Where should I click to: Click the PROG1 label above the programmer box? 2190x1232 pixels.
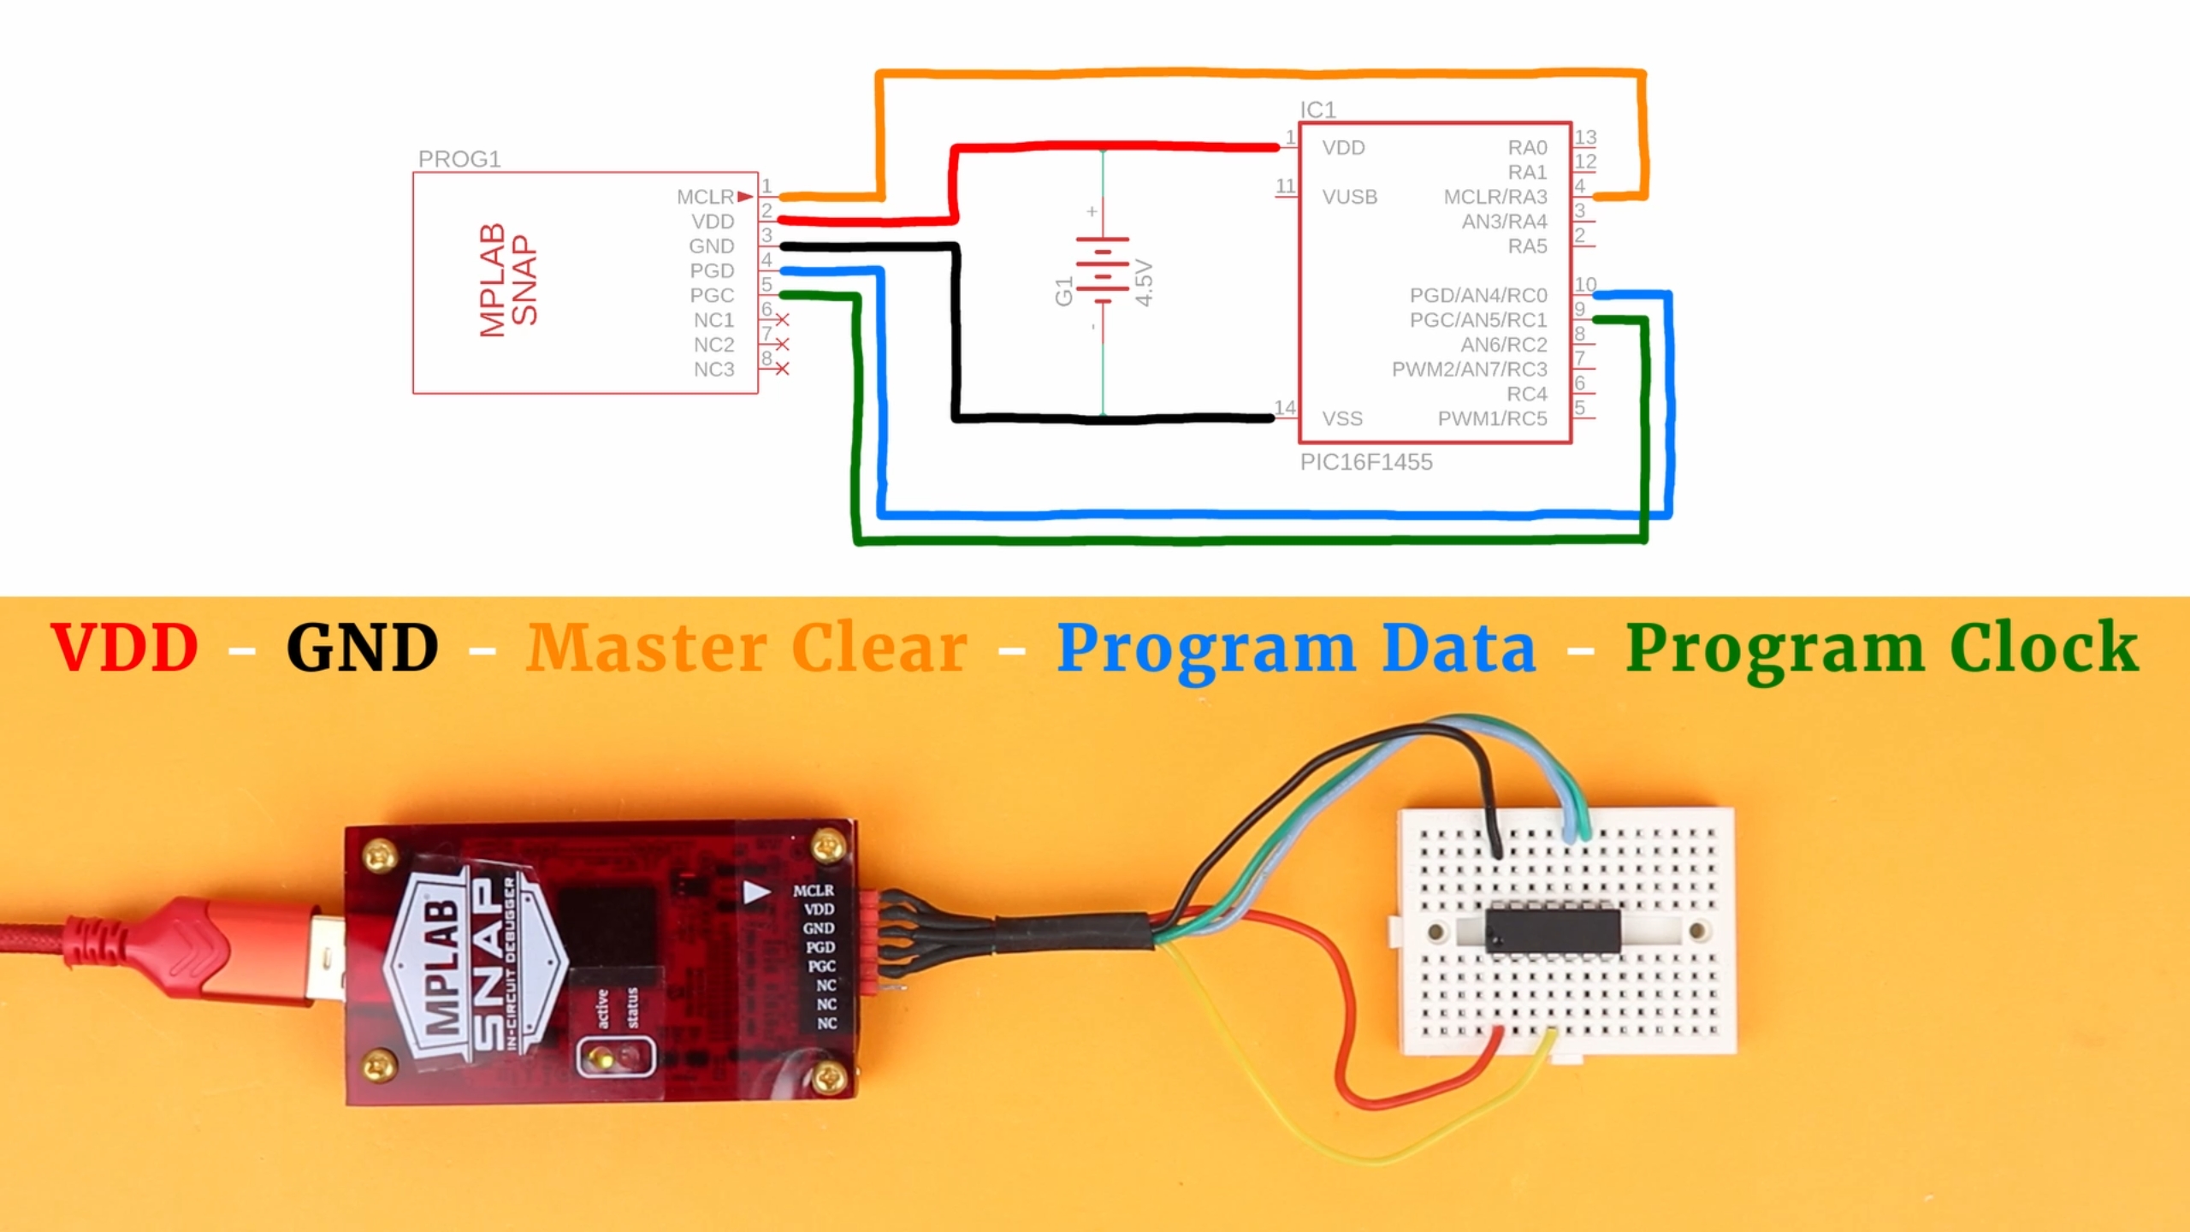[x=459, y=159]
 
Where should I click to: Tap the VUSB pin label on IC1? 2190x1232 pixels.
[x=1349, y=197]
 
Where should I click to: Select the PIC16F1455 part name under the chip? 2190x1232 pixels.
[x=1365, y=462]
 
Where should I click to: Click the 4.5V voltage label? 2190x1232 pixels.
[x=1145, y=283]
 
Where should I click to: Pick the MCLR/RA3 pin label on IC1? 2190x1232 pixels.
[x=1495, y=197]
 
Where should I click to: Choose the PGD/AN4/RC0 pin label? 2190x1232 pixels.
[x=1477, y=295]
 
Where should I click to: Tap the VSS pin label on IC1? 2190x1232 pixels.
[x=1341, y=418]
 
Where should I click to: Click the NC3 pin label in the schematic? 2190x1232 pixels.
[x=713, y=370]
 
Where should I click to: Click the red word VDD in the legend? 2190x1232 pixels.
[x=125, y=648]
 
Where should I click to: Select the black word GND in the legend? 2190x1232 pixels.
[x=362, y=648]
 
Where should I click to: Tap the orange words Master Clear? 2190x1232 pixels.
[x=746, y=648]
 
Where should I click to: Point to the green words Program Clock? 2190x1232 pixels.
[x=1881, y=648]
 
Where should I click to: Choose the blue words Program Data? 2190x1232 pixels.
[x=1296, y=648]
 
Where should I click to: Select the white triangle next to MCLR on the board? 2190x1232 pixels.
[x=757, y=892]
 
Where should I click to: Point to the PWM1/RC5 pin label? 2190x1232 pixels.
[x=1492, y=418]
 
